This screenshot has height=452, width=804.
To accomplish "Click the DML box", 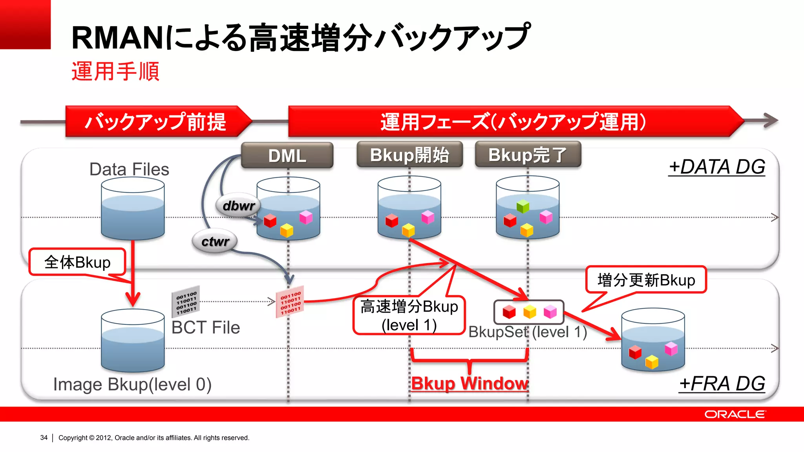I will tap(287, 156).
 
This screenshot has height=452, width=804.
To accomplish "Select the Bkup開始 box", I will tap(409, 155).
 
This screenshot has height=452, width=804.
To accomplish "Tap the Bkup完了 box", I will tap(528, 155).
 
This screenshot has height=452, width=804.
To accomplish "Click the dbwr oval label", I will tap(238, 206).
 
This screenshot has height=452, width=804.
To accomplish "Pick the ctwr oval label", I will tap(215, 241).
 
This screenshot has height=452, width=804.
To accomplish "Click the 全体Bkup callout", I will tap(77, 262).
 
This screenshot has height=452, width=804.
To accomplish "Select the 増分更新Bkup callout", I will tap(646, 280).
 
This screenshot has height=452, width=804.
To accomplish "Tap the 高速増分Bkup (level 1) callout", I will tap(409, 315).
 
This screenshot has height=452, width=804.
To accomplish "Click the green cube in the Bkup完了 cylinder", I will tap(523, 206).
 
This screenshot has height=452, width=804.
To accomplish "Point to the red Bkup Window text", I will tap(470, 383).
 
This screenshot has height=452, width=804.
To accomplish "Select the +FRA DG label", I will tap(722, 384).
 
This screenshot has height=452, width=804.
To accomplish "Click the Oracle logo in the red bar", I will tap(735, 414).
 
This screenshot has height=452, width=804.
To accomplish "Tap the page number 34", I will tap(44, 437).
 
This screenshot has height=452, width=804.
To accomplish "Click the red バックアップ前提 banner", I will tap(156, 122).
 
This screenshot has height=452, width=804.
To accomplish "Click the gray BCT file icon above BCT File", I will tap(186, 301).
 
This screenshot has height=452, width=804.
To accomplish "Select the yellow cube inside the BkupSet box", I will tap(530, 312).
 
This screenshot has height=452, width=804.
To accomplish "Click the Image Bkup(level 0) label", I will tap(132, 385).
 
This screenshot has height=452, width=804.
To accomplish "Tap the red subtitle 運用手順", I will tap(115, 71).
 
